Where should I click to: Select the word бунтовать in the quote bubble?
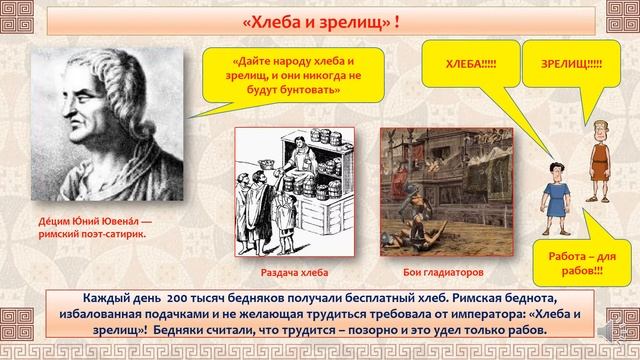(x=310, y=91)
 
